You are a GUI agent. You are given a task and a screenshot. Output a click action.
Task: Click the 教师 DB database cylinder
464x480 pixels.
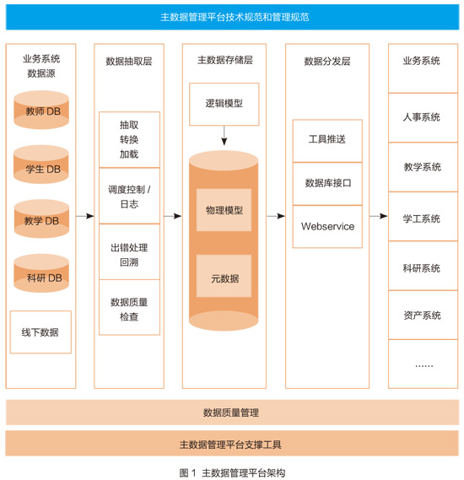tap(41, 110)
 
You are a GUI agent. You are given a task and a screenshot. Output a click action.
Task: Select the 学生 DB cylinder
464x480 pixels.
tap(41, 164)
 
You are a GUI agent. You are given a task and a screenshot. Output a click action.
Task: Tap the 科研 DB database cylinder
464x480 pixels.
tap(41, 273)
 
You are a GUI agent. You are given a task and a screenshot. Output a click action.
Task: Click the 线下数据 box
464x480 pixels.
tap(40, 332)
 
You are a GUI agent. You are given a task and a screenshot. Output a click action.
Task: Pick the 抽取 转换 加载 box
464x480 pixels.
tap(129, 139)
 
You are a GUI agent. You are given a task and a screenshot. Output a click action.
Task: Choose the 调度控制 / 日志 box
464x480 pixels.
tap(129, 196)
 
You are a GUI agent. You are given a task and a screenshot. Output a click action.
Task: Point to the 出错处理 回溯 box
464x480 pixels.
tap(129, 252)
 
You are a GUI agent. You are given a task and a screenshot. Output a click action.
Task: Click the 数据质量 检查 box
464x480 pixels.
tap(129, 307)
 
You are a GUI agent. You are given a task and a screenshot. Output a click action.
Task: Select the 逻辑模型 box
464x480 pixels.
tap(224, 104)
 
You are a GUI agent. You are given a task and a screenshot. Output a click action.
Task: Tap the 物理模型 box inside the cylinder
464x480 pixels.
tap(224, 210)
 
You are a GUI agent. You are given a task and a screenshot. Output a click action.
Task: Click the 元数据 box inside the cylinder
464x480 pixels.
tap(224, 276)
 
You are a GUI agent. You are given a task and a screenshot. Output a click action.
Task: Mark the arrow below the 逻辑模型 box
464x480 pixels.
tap(224, 135)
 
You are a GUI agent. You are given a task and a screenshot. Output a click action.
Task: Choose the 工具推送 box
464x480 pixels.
tap(327, 141)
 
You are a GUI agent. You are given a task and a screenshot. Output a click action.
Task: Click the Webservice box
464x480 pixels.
tap(327, 227)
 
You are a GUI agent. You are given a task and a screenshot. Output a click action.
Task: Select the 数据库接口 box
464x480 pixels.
tap(327, 184)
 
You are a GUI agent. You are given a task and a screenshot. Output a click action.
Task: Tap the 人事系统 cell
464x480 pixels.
tap(423, 118)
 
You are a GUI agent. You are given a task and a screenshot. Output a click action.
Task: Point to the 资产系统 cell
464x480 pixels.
tap(423, 315)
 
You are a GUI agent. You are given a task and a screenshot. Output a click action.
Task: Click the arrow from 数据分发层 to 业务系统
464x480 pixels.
tap(379, 216)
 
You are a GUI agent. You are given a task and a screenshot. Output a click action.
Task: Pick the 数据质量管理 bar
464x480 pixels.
tap(232, 413)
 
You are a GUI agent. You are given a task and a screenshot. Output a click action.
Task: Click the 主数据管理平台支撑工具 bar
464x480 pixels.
tap(232, 444)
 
